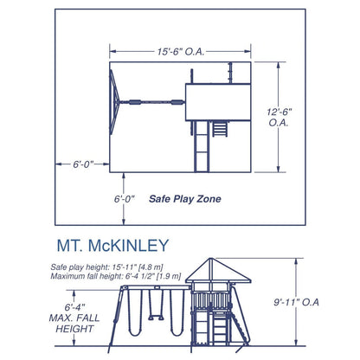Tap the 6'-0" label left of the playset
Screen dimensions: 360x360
74,162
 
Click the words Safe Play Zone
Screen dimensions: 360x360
184,198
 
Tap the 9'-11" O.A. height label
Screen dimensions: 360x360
322,303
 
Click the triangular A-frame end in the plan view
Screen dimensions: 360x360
113,103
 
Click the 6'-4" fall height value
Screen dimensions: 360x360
76,305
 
